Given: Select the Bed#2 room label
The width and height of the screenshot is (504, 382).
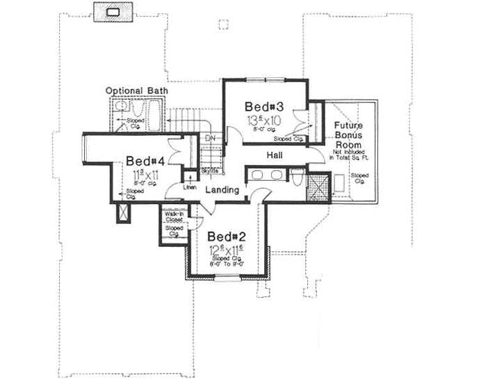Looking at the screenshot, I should pyautogui.click(x=226, y=236).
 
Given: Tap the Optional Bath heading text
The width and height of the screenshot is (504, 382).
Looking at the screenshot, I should pyautogui.click(x=139, y=90).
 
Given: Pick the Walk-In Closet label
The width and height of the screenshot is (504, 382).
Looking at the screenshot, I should pyautogui.click(x=174, y=216).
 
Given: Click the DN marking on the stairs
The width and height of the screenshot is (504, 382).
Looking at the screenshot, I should pyautogui.click(x=211, y=138).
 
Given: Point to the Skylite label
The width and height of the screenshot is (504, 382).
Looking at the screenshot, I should pyautogui.click(x=210, y=170).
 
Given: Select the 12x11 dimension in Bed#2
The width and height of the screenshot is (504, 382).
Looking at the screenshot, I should pyautogui.click(x=227, y=249).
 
